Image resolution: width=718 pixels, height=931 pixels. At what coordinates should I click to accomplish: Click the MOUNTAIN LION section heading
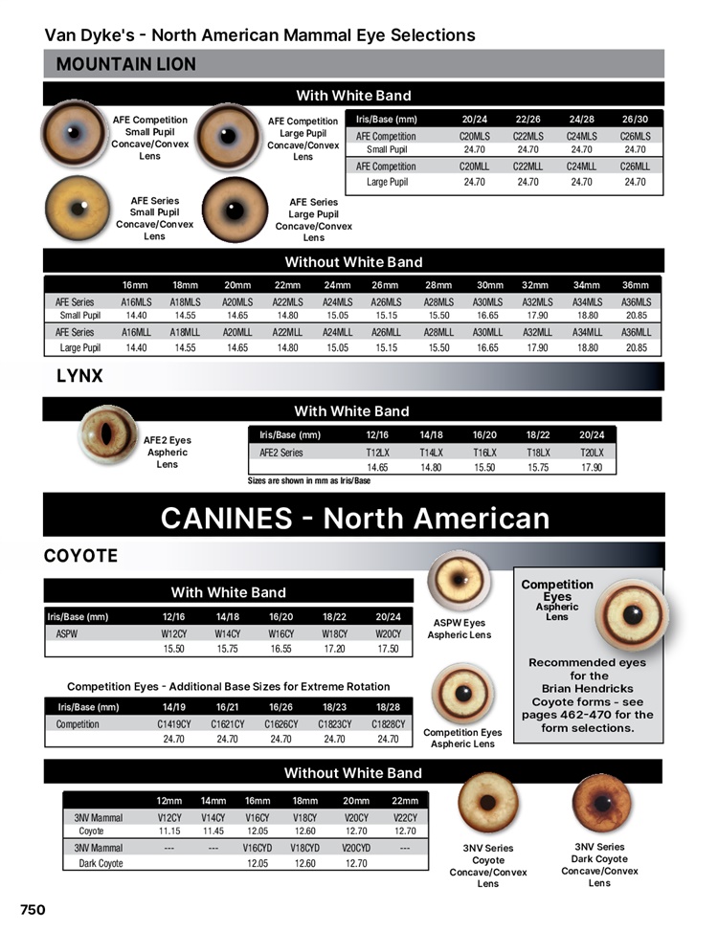coord(126,64)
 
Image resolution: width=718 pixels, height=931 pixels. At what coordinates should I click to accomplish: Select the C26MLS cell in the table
coord(635,136)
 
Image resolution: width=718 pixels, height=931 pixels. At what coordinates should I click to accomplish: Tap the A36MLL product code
coord(636,332)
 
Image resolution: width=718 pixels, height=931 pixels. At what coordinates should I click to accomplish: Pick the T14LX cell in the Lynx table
coord(431,453)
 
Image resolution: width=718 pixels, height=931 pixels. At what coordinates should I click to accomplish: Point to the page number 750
coord(33,909)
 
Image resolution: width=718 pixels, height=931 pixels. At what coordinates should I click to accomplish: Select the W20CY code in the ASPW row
coord(388,632)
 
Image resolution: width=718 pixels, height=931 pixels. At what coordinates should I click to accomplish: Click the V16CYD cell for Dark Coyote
coord(257,848)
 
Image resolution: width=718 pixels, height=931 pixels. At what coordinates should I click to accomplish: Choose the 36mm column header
coord(635,285)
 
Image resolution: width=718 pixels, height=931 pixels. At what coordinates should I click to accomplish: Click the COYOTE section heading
coord(81,556)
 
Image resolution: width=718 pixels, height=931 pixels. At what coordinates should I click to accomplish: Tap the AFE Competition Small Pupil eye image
coord(74,134)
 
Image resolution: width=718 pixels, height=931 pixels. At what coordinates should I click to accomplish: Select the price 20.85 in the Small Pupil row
coord(636,315)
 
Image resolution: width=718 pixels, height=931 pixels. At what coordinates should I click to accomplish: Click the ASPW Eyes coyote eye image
coord(460,581)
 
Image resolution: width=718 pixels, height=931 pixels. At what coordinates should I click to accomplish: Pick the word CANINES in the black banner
coord(226,518)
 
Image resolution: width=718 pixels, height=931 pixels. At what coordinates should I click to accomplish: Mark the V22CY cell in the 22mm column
coord(405,818)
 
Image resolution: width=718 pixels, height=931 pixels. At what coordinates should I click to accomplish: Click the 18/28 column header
coord(388,707)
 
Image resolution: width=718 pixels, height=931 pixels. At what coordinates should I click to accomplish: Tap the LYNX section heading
coord(79,376)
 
